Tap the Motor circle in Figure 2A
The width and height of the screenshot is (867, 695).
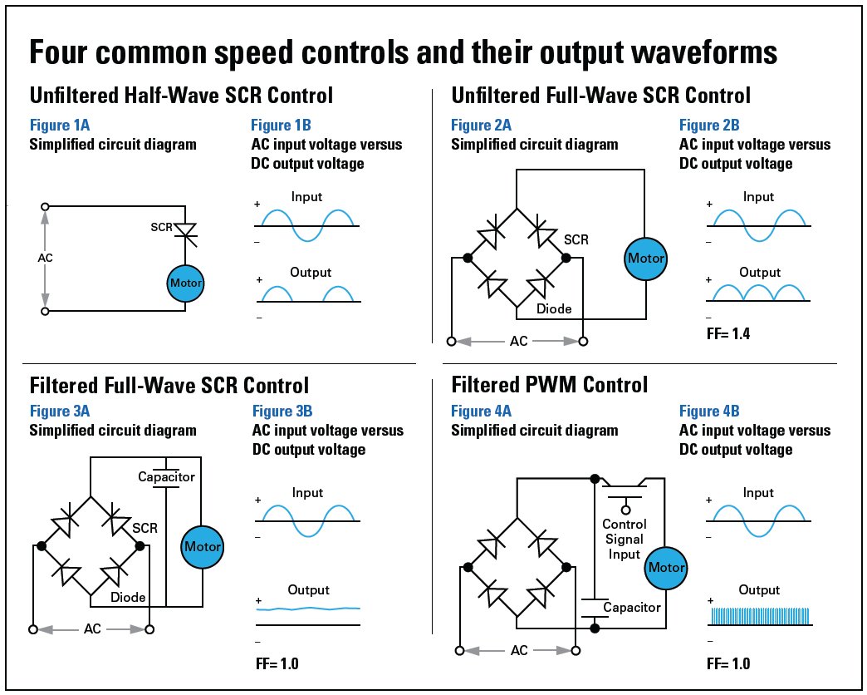click(x=646, y=258)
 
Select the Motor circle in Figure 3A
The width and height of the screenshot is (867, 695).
click(x=203, y=546)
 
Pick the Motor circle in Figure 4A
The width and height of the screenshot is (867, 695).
click(x=667, y=568)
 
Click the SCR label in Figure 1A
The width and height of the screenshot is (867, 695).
click(x=162, y=227)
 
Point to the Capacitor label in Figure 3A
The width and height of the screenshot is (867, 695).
click(x=166, y=476)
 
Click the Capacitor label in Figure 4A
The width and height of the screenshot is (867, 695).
click(x=632, y=607)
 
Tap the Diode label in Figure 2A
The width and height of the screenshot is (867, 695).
click(x=554, y=308)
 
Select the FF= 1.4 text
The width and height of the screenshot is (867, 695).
click(x=727, y=336)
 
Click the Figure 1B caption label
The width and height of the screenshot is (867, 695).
click(x=281, y=126)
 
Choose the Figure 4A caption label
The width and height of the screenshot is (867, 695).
click(x=481, y=411)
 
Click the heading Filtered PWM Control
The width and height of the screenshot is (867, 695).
click(x=549, y=385)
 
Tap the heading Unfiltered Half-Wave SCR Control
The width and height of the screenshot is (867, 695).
click(x=181, y=95)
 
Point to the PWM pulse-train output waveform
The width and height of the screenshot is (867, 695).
click(x=759, y=616)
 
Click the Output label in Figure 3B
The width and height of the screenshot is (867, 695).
click(x=308, y=590)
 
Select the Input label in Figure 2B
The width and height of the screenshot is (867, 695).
click(x=758, y=197)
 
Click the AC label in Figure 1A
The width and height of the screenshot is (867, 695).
click(x=46, y=258)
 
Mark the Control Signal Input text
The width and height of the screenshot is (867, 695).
click(x=625, y=539)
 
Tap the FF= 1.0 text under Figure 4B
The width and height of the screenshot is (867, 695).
click(x=727, y=664)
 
